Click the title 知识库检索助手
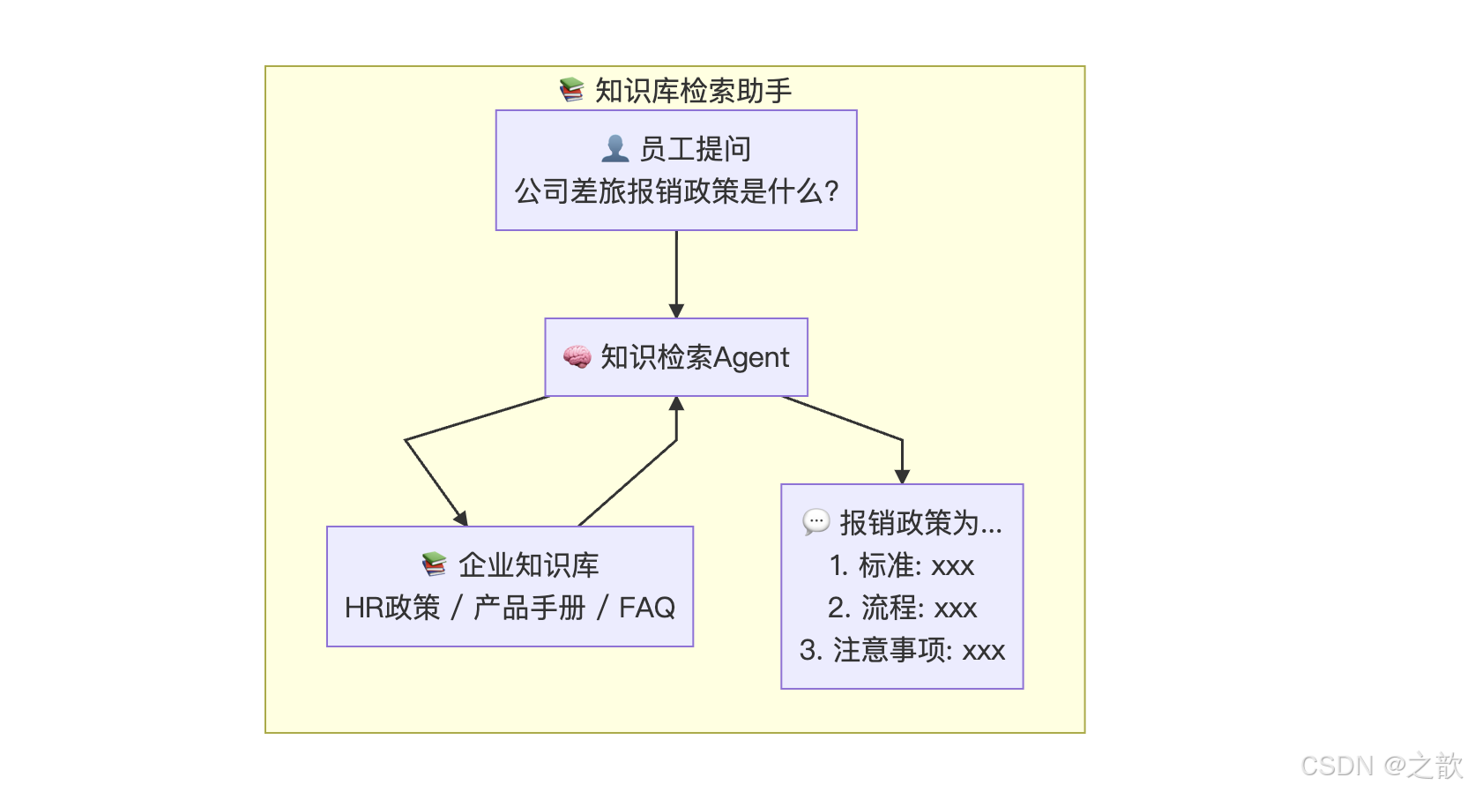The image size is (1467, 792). pyautogui.click(x=693, y=91)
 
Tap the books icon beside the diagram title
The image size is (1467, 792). pyautogui.click(x=571, y=90)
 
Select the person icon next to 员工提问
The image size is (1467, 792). pyautogui.click(x=614, y=148)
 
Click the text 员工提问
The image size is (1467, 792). pyautogui.click(x=695, y=149)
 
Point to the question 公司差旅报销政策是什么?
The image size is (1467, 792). pyautogui.click(x=676, y=191)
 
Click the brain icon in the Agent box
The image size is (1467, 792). pyautogui.click(x=577, y=357)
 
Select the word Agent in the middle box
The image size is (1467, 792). pyautogui.click(x=751, y=357)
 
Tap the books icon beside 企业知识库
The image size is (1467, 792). pyautogui.click(x=434, y=564)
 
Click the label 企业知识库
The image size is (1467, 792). pyautogui.click(x=528, y=565)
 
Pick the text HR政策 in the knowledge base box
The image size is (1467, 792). pyautogui.click(x=391, y=608)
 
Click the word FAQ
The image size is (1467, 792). pyautogui.click(x=647, y=608)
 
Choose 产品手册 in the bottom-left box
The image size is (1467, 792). pyautogui.click(x=529, y=608)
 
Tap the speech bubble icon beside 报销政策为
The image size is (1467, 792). pyautogui.click(x=815, y=522)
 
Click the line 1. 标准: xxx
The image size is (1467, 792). pyautogui.click(x=902, y=565)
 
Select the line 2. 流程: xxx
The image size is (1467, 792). pyautogui.click(x=902, y=608)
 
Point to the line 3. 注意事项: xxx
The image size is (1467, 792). pyautogui.click(x=902, y=651)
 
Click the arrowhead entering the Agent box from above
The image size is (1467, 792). pyautogui.click(x=676, y=310)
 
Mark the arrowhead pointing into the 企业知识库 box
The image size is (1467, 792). pyautogui.click(x=461, y=519)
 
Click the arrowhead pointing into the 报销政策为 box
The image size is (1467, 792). pyautogui.click(x=902, y=476)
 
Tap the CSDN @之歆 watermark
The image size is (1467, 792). pyautogui.click(x=1381, y=766)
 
